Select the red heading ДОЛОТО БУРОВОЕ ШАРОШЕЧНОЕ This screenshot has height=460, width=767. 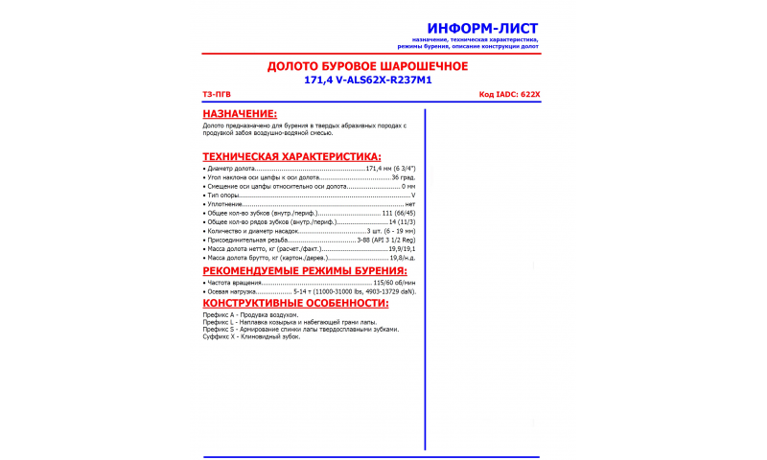(367, 66)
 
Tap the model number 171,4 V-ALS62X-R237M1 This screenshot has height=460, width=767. (367, 80)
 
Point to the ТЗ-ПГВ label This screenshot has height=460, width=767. (217, 95)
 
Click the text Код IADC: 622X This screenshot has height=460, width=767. (509, 95)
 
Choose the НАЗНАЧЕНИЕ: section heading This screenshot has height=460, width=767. (240, 114)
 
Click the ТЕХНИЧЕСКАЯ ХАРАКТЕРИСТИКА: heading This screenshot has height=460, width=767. (291, 156)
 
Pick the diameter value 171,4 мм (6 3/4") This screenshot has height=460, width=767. (390, 169)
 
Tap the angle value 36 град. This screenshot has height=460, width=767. (403, 177)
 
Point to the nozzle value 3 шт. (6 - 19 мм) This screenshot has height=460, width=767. (391, 231)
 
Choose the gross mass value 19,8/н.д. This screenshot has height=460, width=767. (402, 258)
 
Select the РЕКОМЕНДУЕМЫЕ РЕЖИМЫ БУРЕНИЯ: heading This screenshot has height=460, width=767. (305, 270)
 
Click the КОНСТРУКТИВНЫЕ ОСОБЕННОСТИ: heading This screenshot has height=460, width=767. (295, 303)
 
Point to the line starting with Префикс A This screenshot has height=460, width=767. (250, 315)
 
